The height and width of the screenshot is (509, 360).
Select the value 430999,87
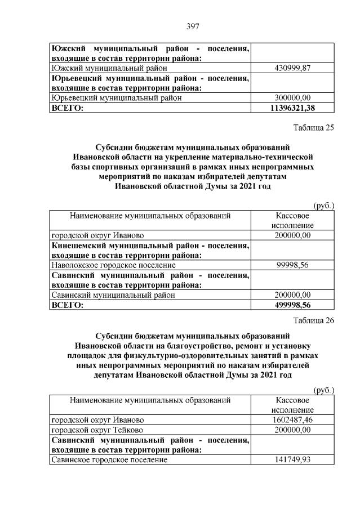pos(292,68)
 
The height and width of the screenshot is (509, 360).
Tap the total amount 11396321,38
pos(292,108)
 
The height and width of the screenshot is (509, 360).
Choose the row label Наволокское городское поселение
pos(113,265)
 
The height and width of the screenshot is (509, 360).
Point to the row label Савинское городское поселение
pos(109,460)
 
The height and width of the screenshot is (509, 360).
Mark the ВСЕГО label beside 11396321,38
pos(67,108)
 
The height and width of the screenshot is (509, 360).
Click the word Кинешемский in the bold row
pos(81,245)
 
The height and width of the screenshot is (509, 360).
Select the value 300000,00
pos(292,97)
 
